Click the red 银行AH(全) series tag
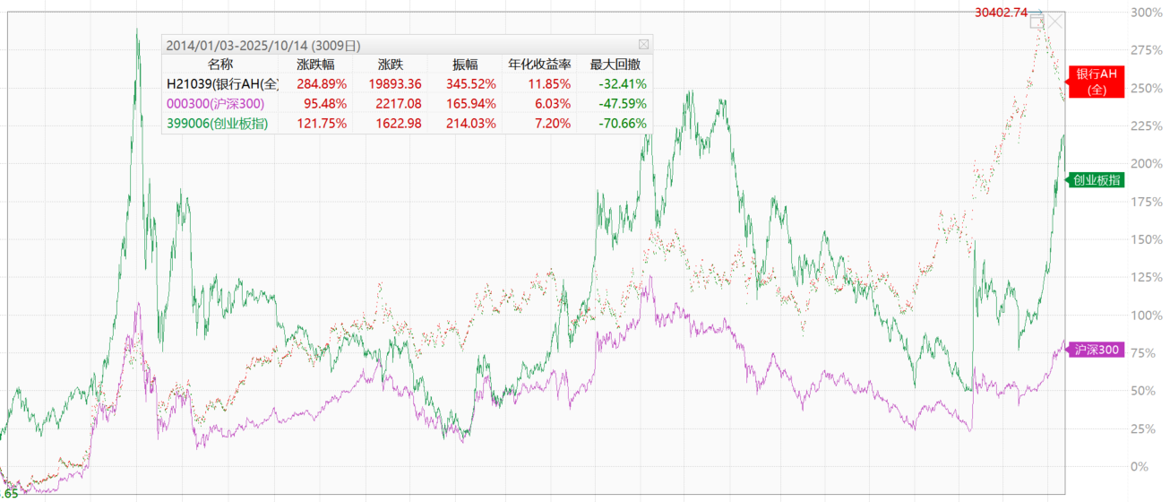click(x=1096, y=81)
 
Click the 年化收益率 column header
click(x=539, y=65)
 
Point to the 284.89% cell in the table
click(x=321, y=84)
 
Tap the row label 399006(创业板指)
click(x=217, y=124)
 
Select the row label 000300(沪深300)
click(x=216, y=104)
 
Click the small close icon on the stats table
click(x=643, y=44)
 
